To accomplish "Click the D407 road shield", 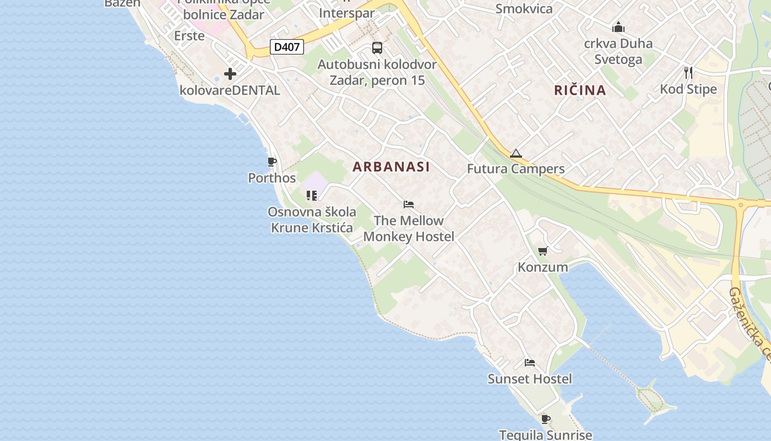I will pos(287,47).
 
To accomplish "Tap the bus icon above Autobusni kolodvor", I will pos(377,48).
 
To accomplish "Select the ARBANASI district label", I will pos(391,166).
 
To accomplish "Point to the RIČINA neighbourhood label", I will pos(580,90).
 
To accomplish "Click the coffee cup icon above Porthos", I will pos(272,162).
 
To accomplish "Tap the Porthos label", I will pos(272,178).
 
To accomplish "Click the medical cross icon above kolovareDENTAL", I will pos(230,73).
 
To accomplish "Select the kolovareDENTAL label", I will pos(230,90).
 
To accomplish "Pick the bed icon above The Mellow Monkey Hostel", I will pos(409,205).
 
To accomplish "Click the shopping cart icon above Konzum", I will pos(542,251).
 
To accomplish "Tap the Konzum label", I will pos(542,267).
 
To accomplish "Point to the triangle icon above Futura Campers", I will pos(515,153).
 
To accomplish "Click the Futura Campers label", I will pos(515,169).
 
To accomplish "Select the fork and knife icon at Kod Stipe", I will pos(688,73).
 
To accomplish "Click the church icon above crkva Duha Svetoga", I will pos(618,27).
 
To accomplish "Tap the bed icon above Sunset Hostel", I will pos(530,363).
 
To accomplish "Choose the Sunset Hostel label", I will pos(530,379).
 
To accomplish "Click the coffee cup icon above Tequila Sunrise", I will pos(545,419).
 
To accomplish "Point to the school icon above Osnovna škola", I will pos(312,196).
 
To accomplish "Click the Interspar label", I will pos(347,13).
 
